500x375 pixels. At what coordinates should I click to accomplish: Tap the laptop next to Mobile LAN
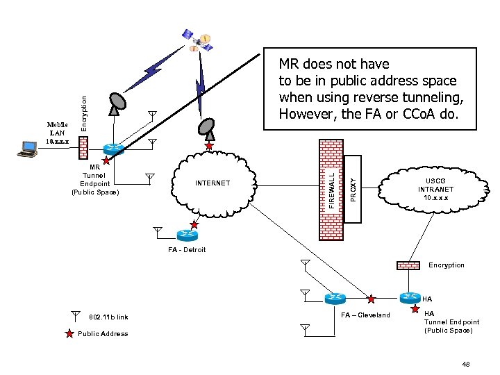click(x=28, y=147)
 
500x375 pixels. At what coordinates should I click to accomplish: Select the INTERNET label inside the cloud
click(x=213, y=184)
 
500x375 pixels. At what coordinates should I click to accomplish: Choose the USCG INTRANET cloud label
click(x=435, y=189)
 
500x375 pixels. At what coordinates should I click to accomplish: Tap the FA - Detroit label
click(x=187, y=250)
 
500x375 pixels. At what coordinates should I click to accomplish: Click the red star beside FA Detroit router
click(x=194, y=225)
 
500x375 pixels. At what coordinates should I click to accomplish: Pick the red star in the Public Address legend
click(x=69, y=334)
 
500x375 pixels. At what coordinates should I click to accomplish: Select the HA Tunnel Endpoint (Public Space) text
click(x=451, y=322)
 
